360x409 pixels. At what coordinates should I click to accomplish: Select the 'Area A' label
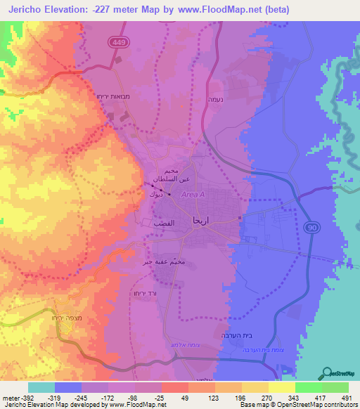[193, 195]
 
